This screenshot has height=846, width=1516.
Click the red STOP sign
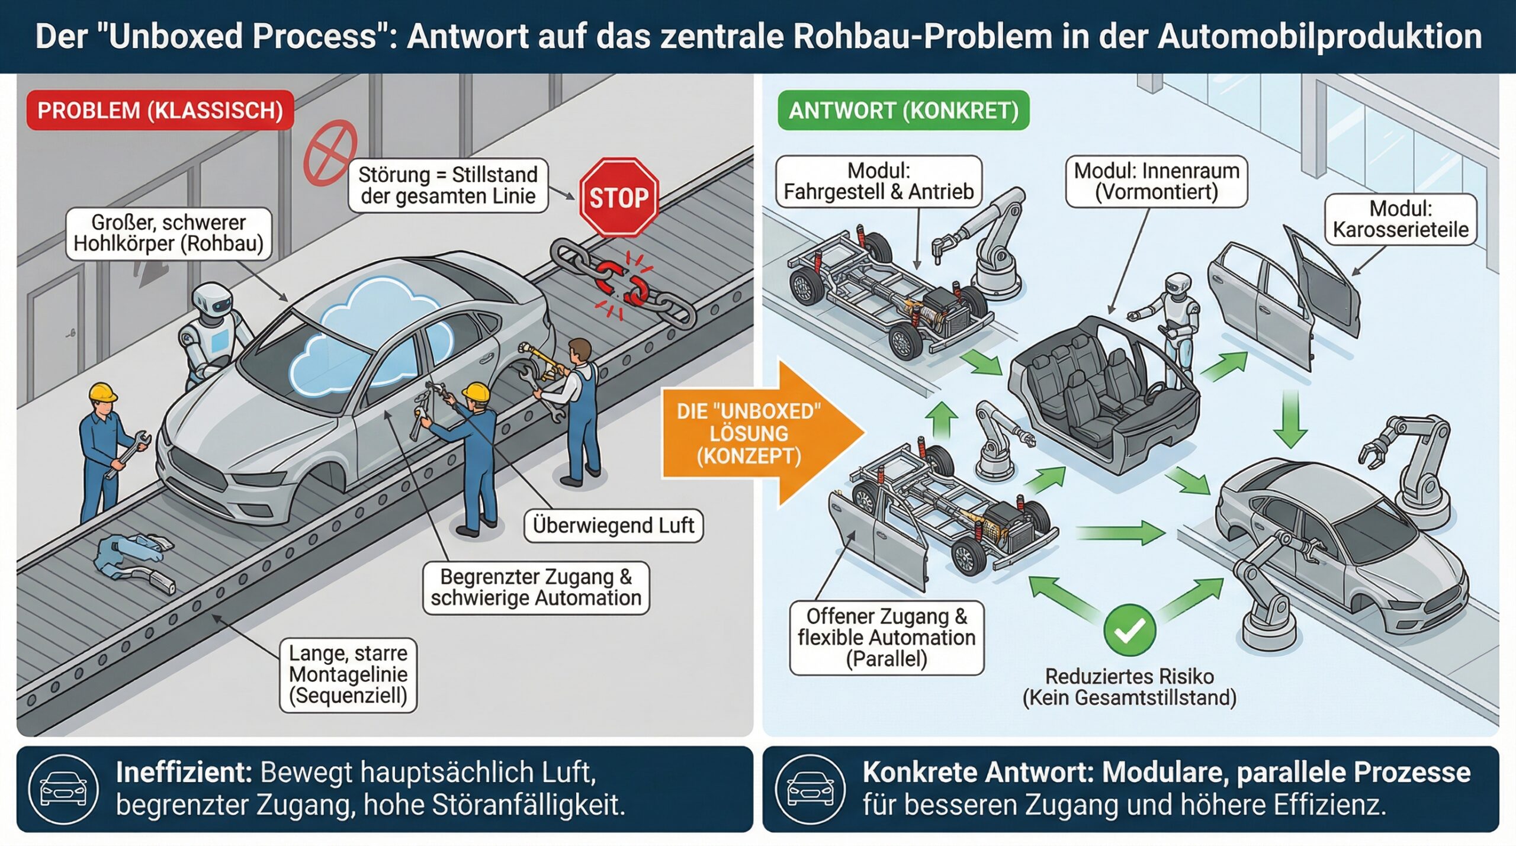[x=618, y=197]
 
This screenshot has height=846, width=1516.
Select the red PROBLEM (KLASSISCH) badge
[x=160, y=111]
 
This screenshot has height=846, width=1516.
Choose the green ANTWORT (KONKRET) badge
[x=903, y=111]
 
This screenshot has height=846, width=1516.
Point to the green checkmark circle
[x=1129, y=631]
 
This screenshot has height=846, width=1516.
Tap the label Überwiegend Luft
[x=614, y=526]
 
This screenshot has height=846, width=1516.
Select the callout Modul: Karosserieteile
[x=1401, y=219]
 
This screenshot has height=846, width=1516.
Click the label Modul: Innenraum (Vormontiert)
[x=1157, y=181]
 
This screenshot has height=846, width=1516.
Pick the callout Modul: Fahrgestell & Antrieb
[x=879, y=181]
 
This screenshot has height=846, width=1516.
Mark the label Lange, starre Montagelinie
[x=348, y=674]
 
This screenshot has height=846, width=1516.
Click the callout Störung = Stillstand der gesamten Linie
[x=448, y=185]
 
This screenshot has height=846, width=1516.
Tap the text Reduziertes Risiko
[x=1129, y=676]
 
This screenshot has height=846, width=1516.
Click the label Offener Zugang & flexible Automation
[x=887, y=638]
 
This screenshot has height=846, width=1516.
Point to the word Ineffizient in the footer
[x=184, y=773]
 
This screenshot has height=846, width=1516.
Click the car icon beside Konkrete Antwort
[x=810, y=789]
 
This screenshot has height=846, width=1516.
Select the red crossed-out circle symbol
[x=330, y=153]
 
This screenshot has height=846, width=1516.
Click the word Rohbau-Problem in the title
[x=923, y=37]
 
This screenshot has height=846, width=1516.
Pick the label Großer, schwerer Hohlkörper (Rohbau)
[x=169, y=233]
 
